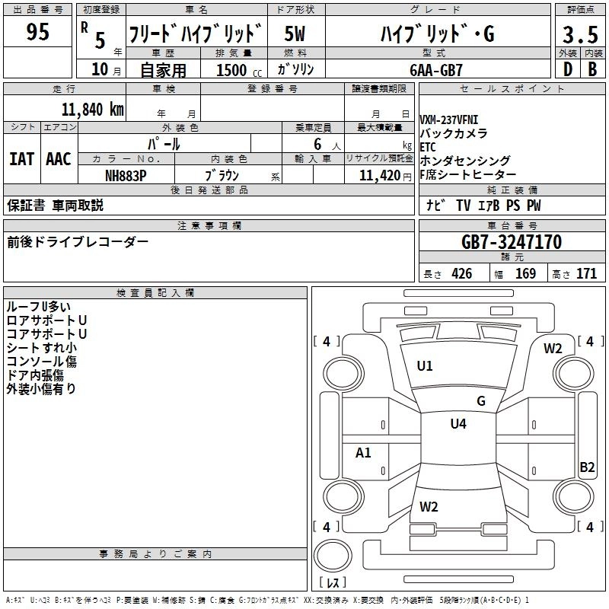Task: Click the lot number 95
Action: click(38, 32)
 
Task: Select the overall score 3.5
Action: click(579, 34)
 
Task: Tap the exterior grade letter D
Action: click(567, 69)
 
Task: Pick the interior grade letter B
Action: click(591, 69)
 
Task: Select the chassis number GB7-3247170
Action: click(512, 243)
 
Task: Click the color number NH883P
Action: click(126, 175)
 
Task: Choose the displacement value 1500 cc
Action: click(232, 70)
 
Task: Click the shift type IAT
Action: click(21, 158)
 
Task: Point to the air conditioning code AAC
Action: click(59, 158)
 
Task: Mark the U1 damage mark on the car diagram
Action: click(425, 366)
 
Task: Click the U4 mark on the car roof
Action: click(458, 424)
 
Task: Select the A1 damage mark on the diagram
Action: click(364, 453)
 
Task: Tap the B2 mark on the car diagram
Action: click(587, 467)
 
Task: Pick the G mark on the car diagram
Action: click(481, 401)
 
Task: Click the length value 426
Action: click(461, 274)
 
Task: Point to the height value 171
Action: click(586, 274)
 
